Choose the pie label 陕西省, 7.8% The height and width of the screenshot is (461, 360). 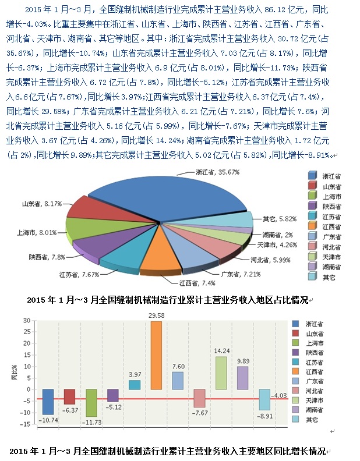(x=47, y=256)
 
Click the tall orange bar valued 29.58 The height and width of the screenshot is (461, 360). (x=156, y=355)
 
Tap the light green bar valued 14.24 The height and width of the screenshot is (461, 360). (x=221, y=373)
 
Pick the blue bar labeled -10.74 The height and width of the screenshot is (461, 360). (x=48, y=402)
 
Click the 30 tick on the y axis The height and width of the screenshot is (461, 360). (x=26, y=321)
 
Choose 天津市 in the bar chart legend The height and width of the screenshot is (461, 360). (x=316, y=400)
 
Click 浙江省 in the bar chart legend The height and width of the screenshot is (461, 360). (x=316, y=324)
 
